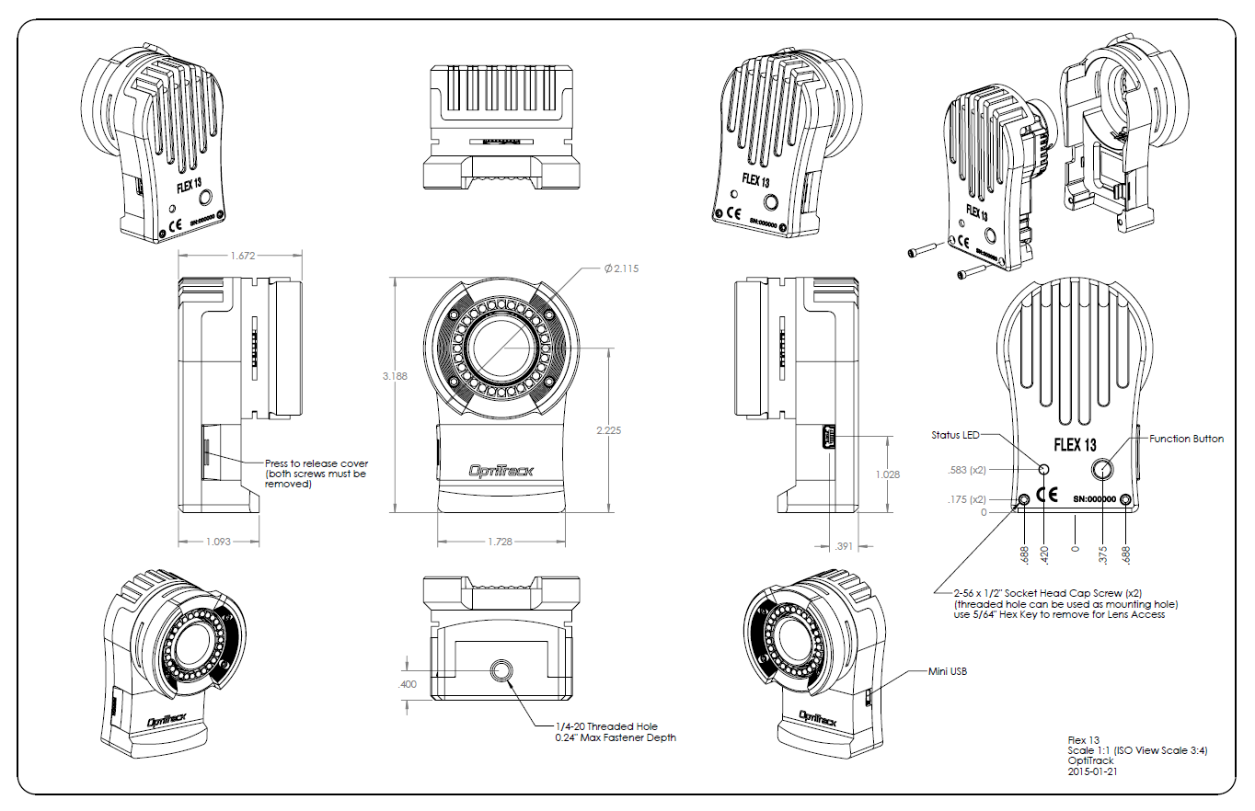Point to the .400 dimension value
pyautogui.click(x=407, y=684)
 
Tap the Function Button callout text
pyautogui.click(x=1186, y=439)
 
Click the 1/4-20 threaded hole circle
pyautogui.click(x=501, y=671)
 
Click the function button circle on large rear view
pyautogui.click(x=1102, y=470)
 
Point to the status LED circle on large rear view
pyautogui.click(x=1044, y=470)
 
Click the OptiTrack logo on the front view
pyautogui.click(x=501, y=471)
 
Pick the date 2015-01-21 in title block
pyautogui.click(x=1092, y=772)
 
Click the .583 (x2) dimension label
pyautogui.click(x=966, y=470)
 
